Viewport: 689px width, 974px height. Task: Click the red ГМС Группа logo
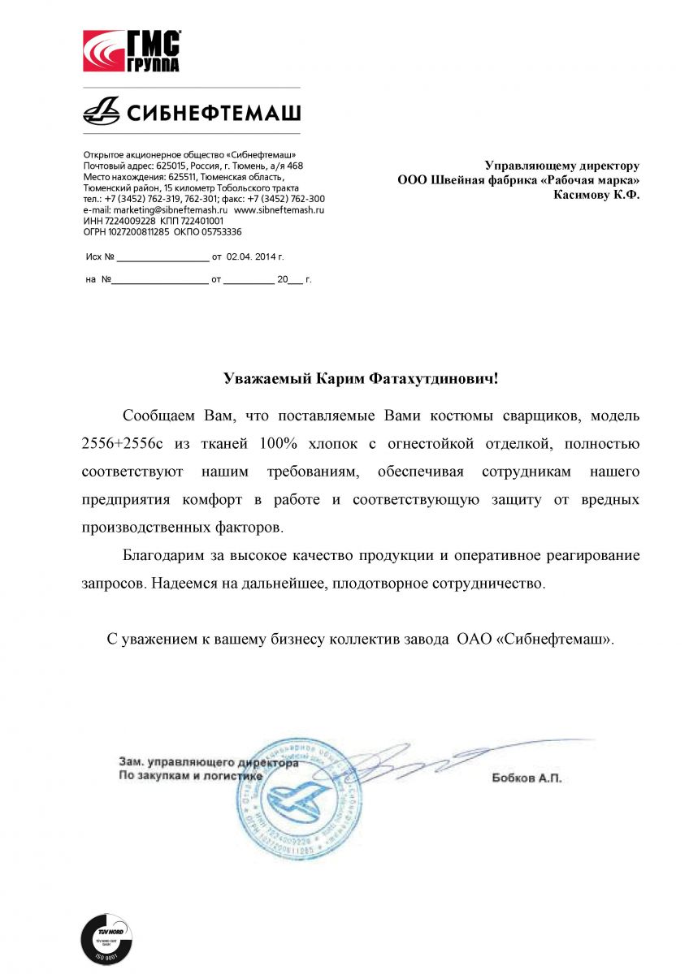coord(132,51)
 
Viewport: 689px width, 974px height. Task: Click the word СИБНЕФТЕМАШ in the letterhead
coord(212,110)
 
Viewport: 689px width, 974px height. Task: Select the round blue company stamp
coord(300,793)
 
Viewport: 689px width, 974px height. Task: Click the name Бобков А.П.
coord(526,778)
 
